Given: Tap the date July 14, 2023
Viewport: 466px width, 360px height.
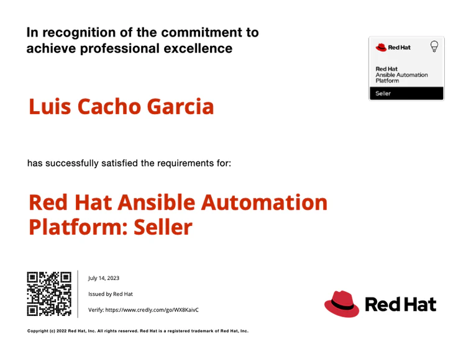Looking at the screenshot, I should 104,279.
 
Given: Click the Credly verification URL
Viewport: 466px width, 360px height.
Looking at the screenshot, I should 144,309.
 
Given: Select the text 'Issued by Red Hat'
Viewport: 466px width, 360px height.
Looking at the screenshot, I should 111,294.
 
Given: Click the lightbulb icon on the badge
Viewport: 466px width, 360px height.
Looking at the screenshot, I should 434,47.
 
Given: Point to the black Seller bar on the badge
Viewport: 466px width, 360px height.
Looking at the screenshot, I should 406,94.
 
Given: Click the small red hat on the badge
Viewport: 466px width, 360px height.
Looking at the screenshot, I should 381,47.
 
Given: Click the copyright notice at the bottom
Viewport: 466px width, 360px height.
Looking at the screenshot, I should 138,331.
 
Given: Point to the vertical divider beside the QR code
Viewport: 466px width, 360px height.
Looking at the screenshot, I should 78,294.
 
